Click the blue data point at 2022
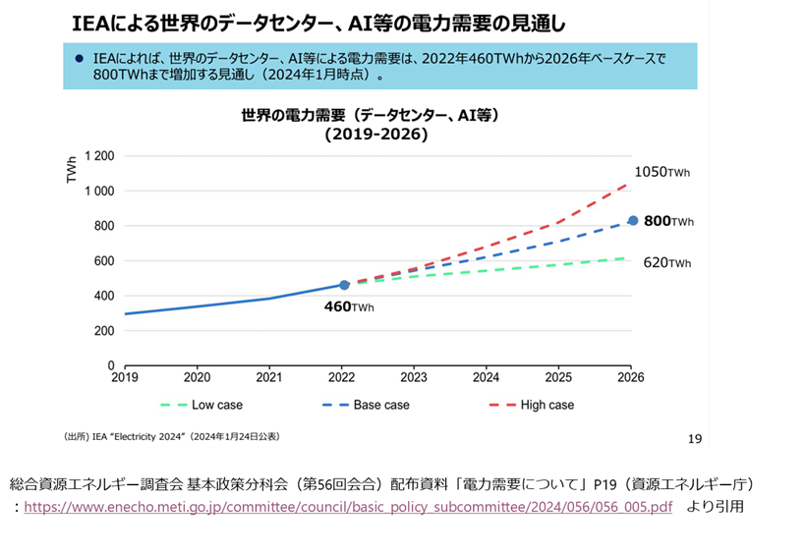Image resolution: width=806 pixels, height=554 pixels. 344,285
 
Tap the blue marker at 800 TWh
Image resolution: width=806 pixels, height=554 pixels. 633,221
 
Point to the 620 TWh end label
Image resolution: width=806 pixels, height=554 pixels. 667,262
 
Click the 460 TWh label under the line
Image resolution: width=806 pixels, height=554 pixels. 349,306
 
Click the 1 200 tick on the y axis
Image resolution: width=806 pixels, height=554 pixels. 99,156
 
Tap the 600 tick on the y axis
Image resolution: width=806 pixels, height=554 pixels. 104,261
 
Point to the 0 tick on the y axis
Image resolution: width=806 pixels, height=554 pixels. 111,365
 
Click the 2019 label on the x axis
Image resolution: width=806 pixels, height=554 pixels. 125,377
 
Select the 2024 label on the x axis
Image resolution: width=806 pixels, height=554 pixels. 486,377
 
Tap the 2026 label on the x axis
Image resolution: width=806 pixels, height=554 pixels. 630,377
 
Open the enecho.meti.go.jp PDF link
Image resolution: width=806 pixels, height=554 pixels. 348,507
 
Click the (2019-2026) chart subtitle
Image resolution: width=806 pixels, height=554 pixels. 376,136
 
